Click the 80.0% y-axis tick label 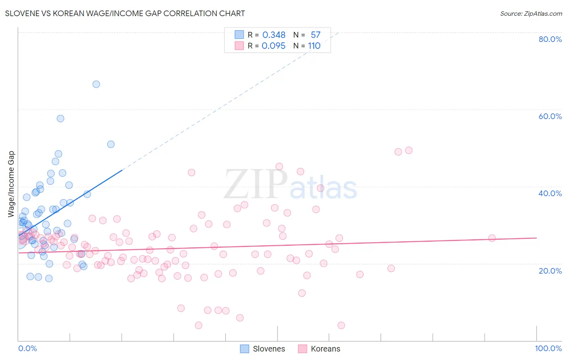tap(550, 39)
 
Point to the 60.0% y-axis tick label tap(550, 116)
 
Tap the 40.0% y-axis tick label tap(550, 193)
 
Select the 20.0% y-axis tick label tap(550, 270)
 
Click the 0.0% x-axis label tap(27, 348)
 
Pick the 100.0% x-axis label tap(548, 348)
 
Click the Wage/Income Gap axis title tap(11, 184)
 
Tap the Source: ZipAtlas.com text tap(531, 13)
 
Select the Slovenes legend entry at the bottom tap(263, 349)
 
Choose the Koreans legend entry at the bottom tap(319, 349)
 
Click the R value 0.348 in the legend tap(274, 35)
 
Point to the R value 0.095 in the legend tap(273, 46)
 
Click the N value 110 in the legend tap(314, 46)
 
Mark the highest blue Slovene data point tap(96, 84)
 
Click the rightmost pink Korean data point tap(492, 238)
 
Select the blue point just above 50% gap tap(111, 144)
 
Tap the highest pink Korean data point tap(409, 150)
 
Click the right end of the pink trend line tap(536, 238)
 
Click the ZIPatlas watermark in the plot tap(290, 185)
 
